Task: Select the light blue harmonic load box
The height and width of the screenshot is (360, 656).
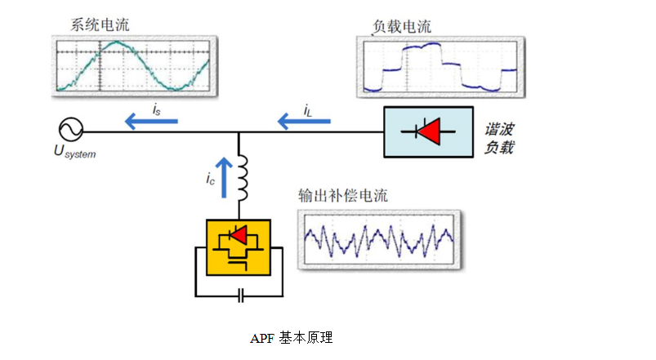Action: pyautogui.click(x=426, y=130)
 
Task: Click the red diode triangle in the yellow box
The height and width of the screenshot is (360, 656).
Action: pyautogui.click(x=239, y=236)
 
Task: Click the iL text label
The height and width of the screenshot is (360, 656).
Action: pyautogui.click(x=307, y=108)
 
